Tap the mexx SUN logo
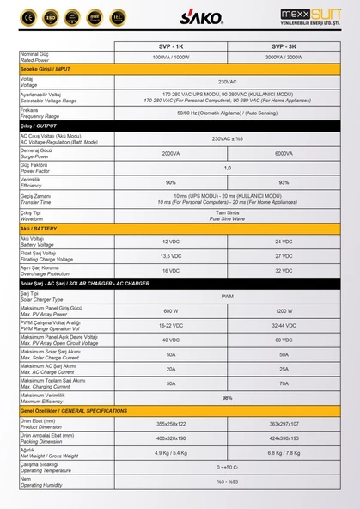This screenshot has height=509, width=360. tap(310, 16)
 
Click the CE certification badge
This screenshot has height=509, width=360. tap(28, 16)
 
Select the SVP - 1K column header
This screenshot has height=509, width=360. tap(171, 46)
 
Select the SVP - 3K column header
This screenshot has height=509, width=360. tap(284, 46)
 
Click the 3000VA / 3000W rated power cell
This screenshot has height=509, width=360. tap(284, 57)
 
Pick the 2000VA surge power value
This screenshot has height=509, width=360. tap(171, 153)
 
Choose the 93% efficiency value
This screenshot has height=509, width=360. tap(284, 182)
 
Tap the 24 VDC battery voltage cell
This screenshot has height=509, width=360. tap(284, 242)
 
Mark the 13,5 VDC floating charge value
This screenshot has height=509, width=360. tap(171, 255)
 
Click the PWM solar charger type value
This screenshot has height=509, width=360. tap(227, 296)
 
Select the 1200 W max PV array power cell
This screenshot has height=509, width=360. tap(284, 310)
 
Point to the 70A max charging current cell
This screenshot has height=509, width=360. tap(284, 383)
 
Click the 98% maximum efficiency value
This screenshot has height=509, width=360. tap(227, 398)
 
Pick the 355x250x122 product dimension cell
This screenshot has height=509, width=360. tap(171, 424)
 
